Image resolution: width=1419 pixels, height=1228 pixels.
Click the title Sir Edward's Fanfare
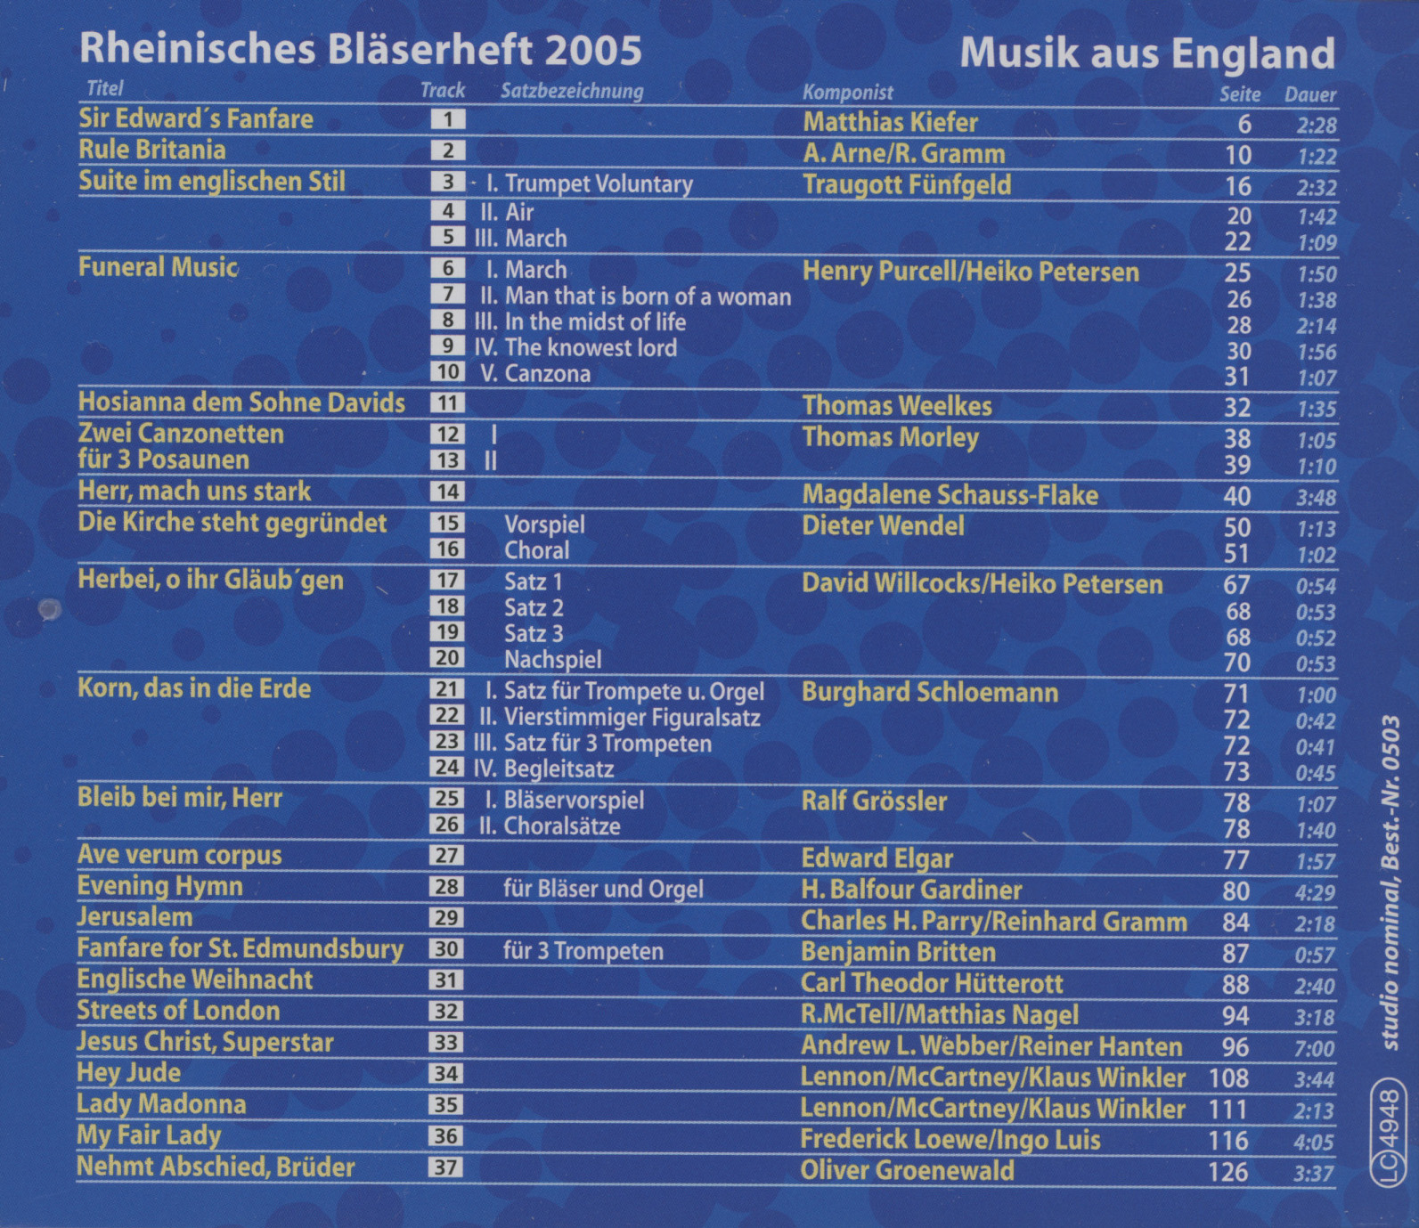pos(196,118)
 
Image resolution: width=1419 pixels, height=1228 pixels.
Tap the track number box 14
pos(447,492)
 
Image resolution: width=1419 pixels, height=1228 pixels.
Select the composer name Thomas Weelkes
pos(896,406)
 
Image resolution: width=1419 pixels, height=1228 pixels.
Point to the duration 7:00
pos(1315,1048)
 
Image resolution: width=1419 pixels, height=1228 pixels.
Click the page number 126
pos(1228,1171)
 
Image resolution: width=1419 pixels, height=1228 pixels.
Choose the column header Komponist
pos(847,93)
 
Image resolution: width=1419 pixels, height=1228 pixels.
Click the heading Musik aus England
pos(1146,53)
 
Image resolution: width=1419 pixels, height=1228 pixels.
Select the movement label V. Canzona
pos(535,373)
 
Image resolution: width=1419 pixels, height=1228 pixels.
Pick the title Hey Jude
pos(129,1072)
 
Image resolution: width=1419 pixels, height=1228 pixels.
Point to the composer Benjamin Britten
pos(898,952)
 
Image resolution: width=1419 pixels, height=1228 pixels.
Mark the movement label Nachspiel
pos(552,659)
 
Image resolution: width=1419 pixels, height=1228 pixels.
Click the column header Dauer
pos(1309,94)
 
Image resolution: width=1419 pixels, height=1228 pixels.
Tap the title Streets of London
pos(178,1010)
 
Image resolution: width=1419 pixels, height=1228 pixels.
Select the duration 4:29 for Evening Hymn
pos(1315,892)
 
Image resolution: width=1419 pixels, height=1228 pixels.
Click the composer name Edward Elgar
pos(877,858)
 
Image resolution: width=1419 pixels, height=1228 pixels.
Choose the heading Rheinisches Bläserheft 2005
pos(360,50)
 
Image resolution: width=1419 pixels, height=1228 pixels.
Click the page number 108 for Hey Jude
pos(1228,1078)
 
